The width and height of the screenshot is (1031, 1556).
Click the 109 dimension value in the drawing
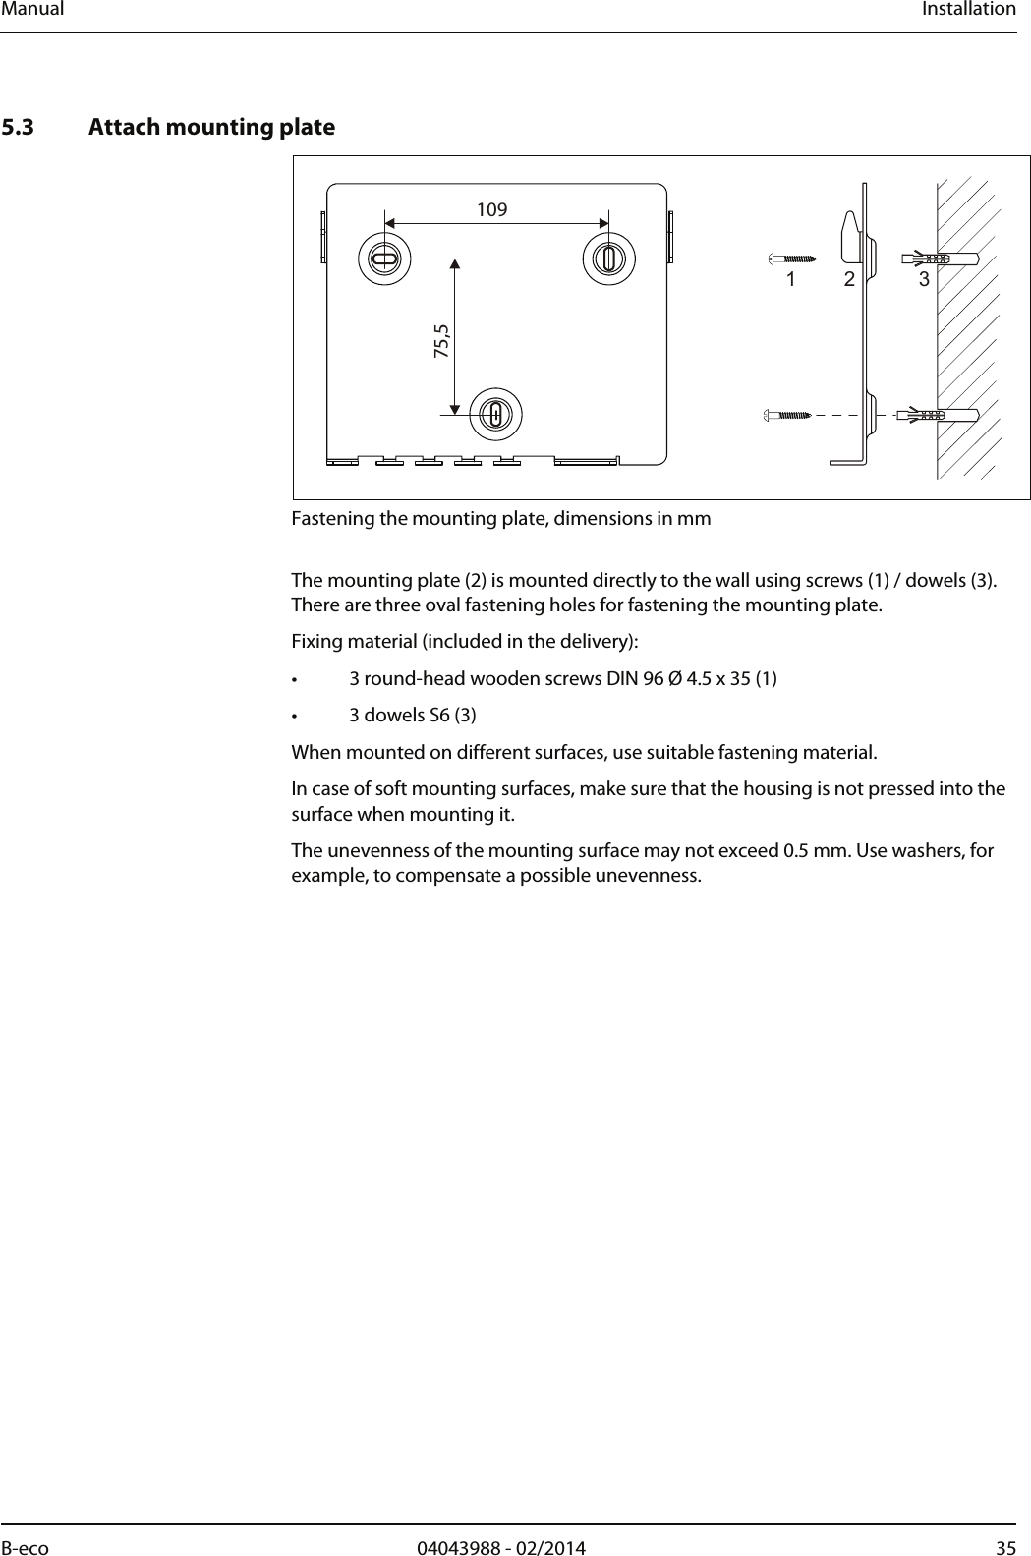point(491,209)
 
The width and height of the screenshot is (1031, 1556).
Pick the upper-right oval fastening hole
point(609,259)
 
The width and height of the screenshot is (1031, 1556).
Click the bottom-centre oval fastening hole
point(495,415)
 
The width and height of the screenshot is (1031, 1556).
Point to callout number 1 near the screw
point(790,280)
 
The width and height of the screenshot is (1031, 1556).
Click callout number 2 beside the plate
point(849,280)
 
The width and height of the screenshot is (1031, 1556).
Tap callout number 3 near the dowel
point(924,280)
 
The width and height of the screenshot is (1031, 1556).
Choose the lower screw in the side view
point(788,415)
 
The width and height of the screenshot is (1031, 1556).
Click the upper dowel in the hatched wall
point(939,259)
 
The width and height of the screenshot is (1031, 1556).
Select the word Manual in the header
point(32,10)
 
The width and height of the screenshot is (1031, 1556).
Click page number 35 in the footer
point(1005,1549)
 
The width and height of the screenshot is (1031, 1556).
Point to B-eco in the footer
point(25,1549)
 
